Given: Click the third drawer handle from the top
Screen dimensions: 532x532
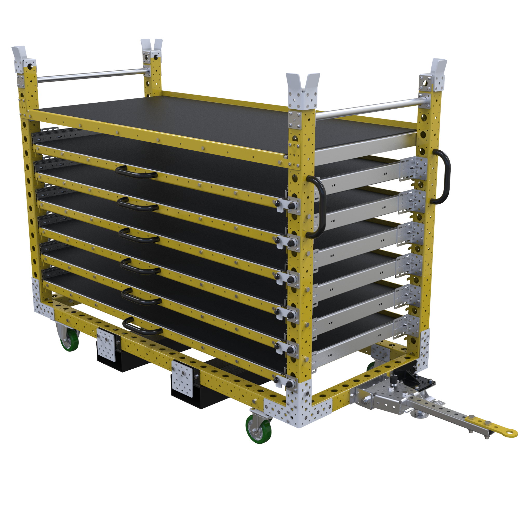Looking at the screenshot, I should [x=139, y=236].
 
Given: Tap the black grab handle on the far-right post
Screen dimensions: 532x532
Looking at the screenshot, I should [x=442, y=176].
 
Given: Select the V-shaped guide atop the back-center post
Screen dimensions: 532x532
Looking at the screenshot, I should [x=151, y=45].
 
